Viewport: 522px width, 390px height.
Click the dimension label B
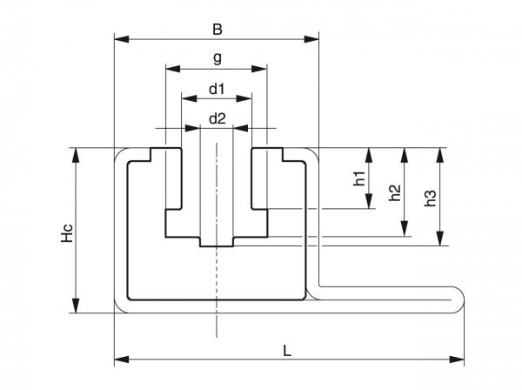[x=217, y=29]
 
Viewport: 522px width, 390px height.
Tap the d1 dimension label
[x=217, y=88]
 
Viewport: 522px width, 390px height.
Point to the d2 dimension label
[x=217, y=119]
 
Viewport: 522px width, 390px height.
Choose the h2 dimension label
[x=394, y=192]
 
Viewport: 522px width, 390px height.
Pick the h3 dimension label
[x=430, y=197]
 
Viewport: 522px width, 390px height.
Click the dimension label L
[x=287, y=350]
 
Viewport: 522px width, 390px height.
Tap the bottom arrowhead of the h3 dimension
[x=440, y=239]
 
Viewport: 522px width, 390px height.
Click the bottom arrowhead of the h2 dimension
[x=404, y=231]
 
